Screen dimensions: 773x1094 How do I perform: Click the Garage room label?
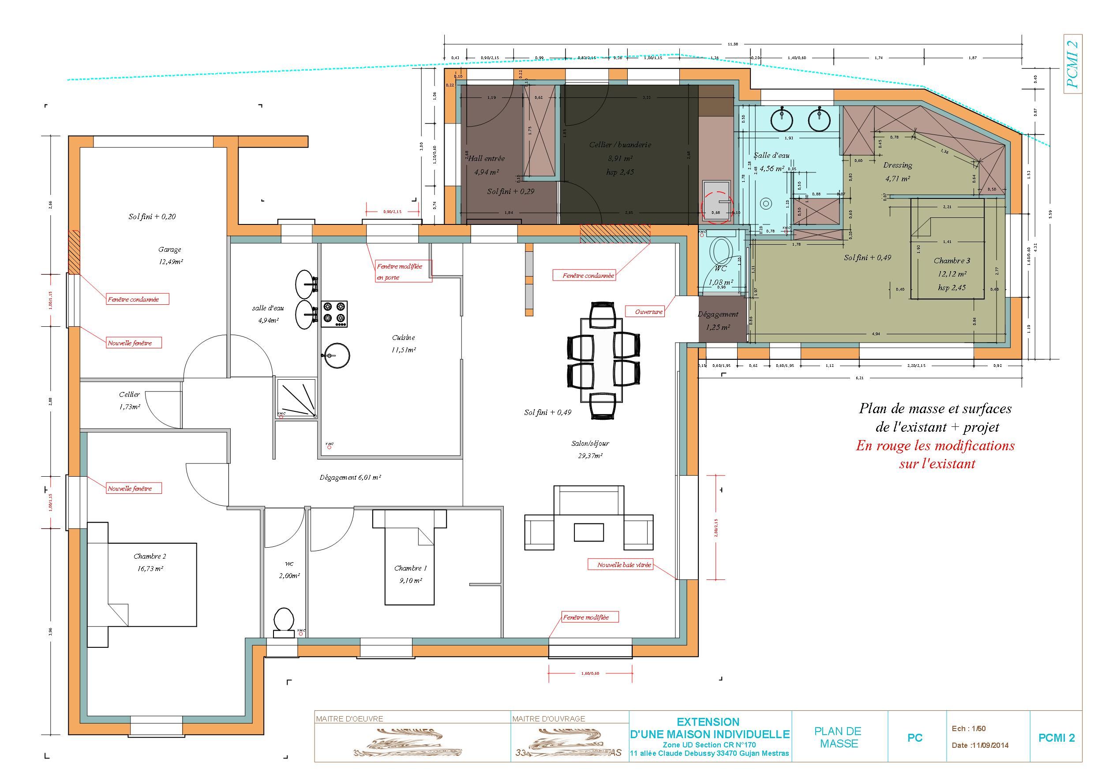point(170,250)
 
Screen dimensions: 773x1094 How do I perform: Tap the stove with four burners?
point(334,314)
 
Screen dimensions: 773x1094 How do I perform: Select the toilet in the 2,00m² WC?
point(284,621)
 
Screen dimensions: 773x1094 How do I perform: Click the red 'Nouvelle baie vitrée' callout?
point(624,565)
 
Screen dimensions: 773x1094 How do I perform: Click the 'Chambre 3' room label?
point(952,261)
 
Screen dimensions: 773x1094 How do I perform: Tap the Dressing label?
point(898,165)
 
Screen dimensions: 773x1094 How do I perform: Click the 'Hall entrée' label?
point(486,159)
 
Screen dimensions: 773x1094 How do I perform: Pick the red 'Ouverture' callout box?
point(648,312)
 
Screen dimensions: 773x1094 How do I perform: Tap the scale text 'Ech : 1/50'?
point(969,728)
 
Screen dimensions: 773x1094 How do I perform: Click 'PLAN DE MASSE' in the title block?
point(839,737)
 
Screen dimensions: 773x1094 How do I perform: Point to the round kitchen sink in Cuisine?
point(337,355)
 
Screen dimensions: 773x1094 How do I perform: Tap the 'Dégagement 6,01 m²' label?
point(350,477)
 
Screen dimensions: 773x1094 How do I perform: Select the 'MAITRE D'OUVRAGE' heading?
point(548,719)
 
